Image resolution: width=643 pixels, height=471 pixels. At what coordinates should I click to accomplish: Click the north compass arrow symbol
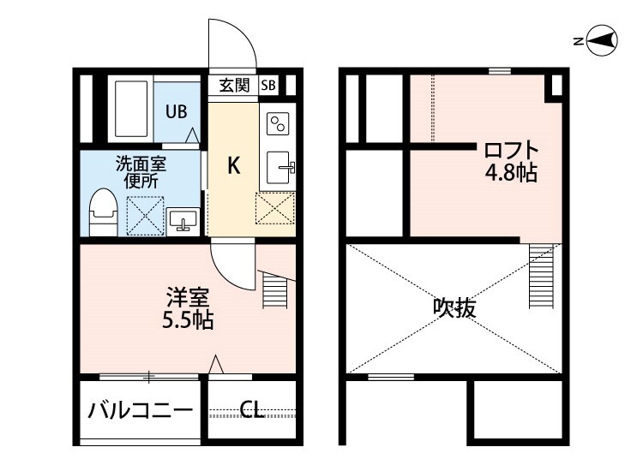click(603, 39)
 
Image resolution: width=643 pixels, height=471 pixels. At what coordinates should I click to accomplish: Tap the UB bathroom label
click(176, 111)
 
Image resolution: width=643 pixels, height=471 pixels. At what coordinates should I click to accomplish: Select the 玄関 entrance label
click(233, 85)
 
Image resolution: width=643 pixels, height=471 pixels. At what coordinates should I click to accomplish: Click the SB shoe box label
click(268, 85)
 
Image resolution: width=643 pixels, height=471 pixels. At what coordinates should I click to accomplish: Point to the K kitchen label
click(232, 165)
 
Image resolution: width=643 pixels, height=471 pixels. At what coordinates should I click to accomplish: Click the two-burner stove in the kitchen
click(278, 125)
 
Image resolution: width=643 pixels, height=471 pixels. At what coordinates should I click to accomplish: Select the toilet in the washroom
click(103, 211)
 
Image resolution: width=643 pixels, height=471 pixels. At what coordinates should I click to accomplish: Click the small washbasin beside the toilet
click(182, 221)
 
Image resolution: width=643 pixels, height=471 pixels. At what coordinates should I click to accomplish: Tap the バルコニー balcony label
click(141, 411)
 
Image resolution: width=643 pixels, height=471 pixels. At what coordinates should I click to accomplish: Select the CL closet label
click(251, 411)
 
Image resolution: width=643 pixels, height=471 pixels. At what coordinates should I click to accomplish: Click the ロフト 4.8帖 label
click(511, 161)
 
